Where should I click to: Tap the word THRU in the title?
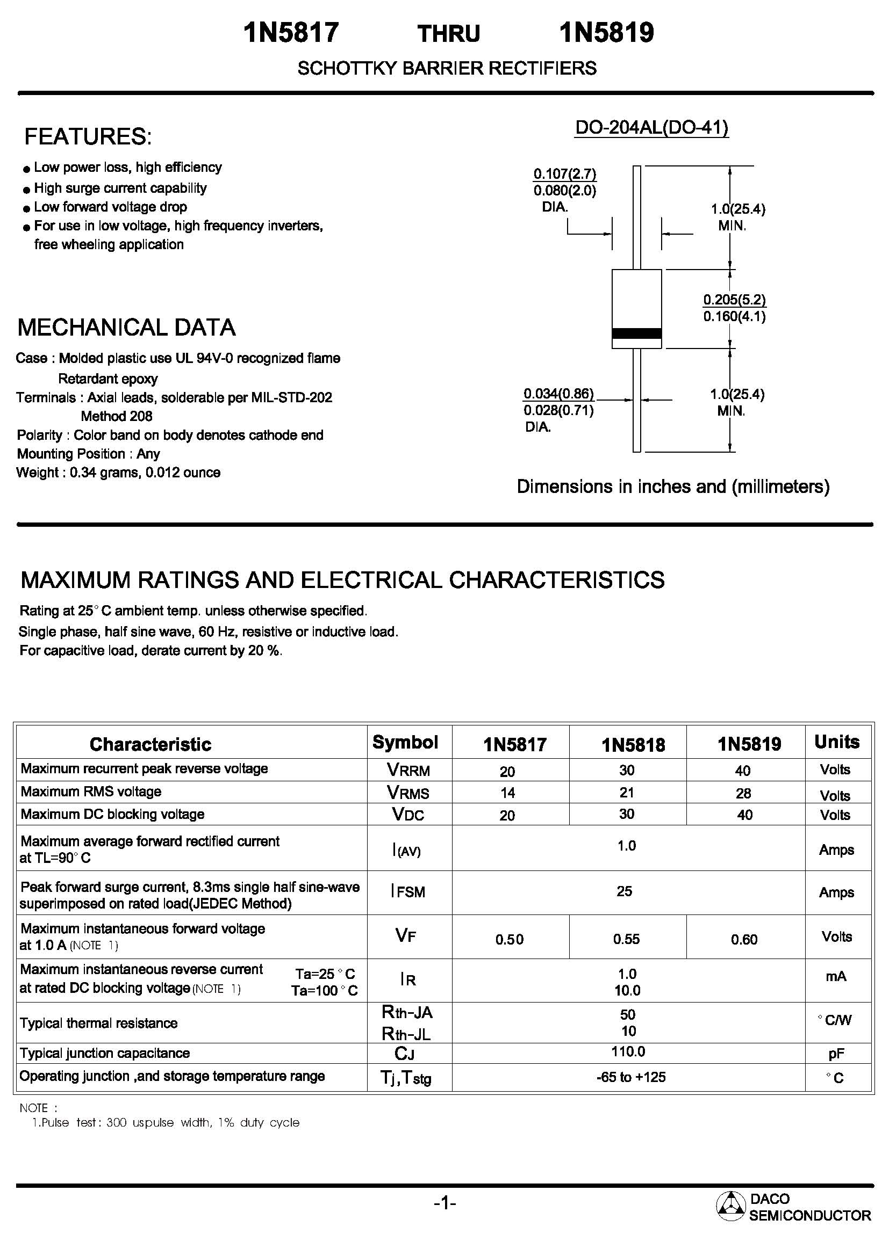(x=448, y=34)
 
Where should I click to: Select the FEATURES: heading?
(x=88, y=136)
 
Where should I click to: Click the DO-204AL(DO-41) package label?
(x=651, y=127)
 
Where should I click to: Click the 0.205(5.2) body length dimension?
(x=734, y=300)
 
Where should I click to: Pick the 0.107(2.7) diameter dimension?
(x=564, y=174)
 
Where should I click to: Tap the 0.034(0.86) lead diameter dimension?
(x=558, y=393)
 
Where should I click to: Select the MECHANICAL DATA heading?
(x=126, y=327)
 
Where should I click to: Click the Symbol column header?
(x=405, y=742)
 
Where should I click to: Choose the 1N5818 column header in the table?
(x=633, y=744)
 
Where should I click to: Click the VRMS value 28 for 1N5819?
(x=743, y=793)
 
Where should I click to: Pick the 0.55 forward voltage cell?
(x=626, y=939)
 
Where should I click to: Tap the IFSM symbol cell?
(x=408, y=892)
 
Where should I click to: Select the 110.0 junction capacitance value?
(x=628, y=1051)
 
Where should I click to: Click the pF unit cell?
(x=836, y=1053)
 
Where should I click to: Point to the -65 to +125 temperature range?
(x=630, y=1077)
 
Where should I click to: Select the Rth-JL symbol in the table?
(x=406, y=1033)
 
